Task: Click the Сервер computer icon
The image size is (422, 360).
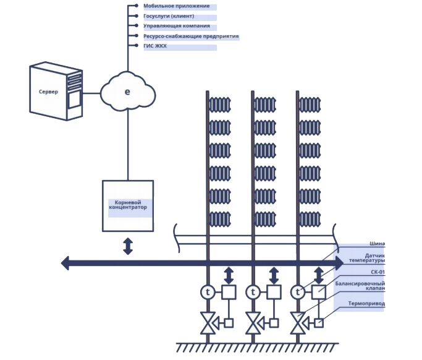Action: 56,91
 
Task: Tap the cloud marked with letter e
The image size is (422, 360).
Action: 127,92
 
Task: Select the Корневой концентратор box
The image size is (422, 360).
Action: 128,205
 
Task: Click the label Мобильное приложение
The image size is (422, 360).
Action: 176,6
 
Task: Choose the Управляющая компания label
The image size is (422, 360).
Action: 176,26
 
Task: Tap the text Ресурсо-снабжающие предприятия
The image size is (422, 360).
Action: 190,36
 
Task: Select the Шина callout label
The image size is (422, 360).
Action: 377,243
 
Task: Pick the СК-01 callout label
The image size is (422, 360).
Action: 377,272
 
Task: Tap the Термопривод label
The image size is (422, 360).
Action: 366,304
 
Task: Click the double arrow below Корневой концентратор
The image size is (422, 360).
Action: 128,246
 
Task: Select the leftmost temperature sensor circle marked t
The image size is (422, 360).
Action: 207,291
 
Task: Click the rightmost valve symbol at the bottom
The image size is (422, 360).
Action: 299,322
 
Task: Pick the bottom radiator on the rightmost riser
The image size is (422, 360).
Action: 312,218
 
